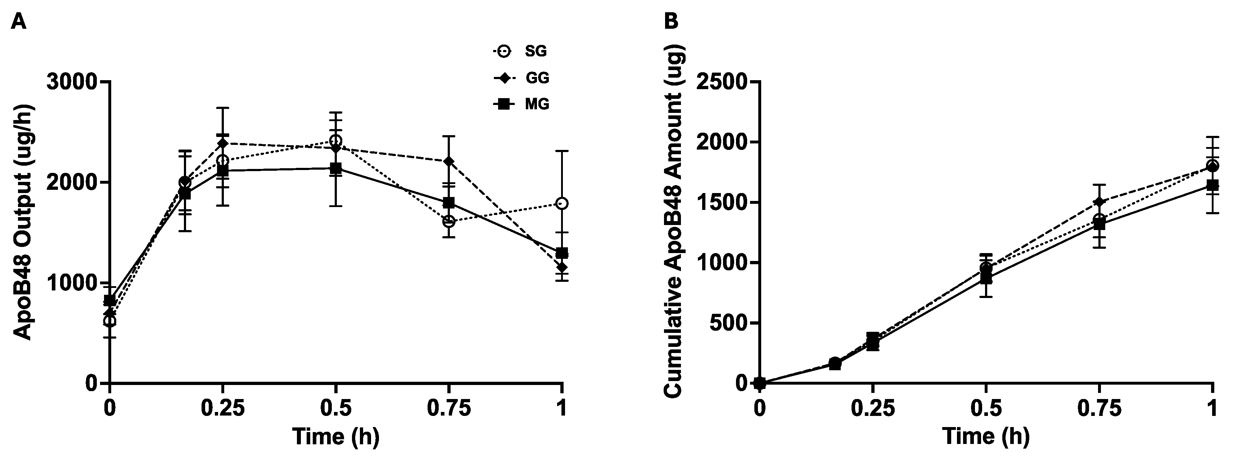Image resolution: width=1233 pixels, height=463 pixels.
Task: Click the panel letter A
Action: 19,22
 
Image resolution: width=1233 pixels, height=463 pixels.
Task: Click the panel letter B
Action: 672,22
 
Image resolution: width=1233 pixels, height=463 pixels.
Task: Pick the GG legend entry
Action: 522,78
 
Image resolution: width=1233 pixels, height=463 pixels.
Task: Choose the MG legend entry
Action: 522,104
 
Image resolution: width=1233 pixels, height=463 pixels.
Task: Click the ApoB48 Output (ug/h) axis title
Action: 22,232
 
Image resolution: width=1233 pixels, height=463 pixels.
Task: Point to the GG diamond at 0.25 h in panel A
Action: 222,143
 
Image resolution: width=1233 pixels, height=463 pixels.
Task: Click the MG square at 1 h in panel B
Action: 1212,185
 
